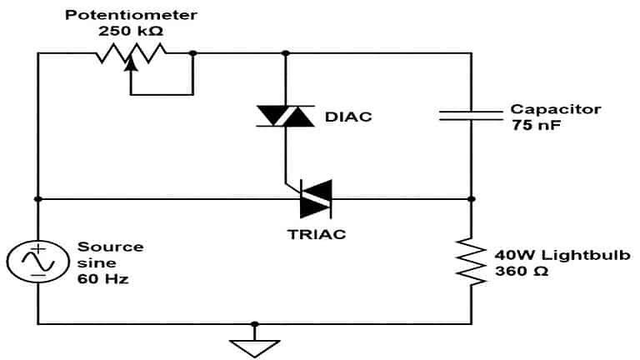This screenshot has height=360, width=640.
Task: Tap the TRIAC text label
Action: click(x=316, y=234)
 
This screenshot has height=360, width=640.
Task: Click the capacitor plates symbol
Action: click(x=471, y=117)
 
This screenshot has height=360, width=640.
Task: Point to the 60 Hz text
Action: click(x=102, y=279)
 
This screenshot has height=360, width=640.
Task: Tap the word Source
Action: click(x=110, y=247)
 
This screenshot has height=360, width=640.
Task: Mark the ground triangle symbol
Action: click(x=254, y=346)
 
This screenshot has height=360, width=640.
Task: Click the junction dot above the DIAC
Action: click(x=286, y=52)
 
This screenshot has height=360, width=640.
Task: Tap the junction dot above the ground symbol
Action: click(x=254, y=324)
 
